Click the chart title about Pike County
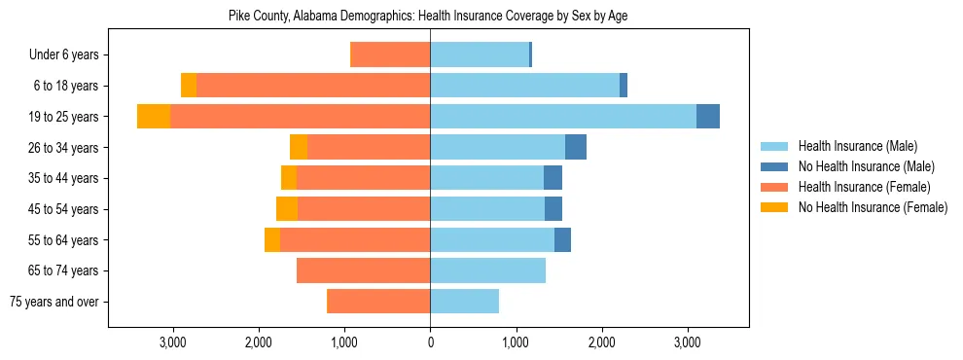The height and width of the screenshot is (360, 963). pos(428,17)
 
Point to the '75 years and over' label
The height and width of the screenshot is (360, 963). pos(54,302)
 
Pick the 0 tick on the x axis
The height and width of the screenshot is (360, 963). pos(430,342)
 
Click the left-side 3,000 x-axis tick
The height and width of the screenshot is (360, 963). pos(172,342)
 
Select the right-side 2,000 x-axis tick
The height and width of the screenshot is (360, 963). pos(602,342)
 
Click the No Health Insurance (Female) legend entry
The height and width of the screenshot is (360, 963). pos(872,207)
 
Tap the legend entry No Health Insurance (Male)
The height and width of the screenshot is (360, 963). pos(865,166)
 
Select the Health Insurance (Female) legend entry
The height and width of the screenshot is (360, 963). pos(864,187)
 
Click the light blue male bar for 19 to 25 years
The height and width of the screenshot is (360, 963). pos(563,117)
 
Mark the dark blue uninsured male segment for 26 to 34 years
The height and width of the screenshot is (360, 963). pos(576,147)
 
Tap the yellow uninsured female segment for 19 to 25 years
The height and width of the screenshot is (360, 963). pos(154,117)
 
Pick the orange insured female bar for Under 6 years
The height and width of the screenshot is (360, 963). pos(390,55)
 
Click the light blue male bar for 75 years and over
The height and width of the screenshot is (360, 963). pos(465,302)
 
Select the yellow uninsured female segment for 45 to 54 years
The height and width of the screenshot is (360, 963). pos(287,209)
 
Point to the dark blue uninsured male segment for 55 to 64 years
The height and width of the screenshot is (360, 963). pos(562,239)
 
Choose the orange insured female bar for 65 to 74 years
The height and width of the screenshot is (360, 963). pos(364,270)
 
